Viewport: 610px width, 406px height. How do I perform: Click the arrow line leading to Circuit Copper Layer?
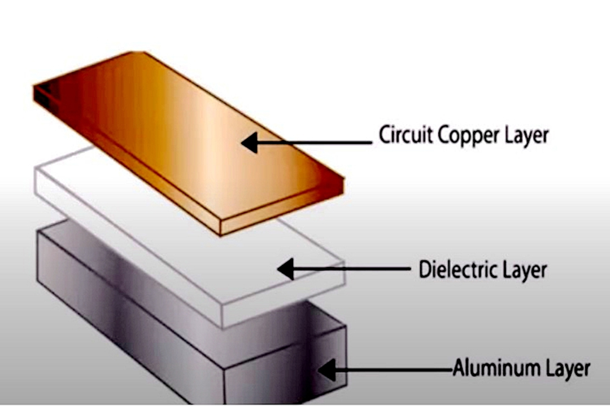[316, 142]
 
